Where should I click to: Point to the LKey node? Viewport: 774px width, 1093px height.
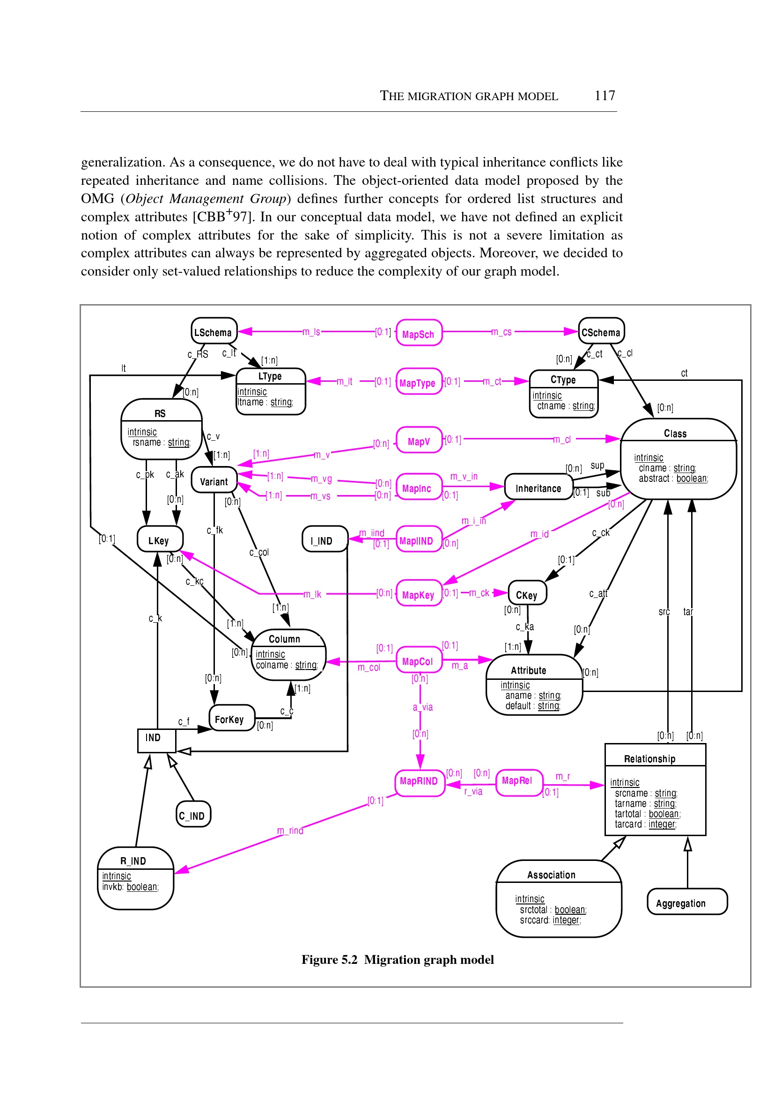click(x=159, y=539)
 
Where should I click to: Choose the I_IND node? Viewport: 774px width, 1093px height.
click(x=324, y=539)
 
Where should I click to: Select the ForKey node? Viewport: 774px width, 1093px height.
click(x=231, y=718)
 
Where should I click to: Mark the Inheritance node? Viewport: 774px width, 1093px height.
click(x=538, y=487)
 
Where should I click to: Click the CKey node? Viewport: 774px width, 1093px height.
click(x=527, y=593)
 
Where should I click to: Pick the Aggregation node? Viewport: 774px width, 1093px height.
click(x=686, y=902)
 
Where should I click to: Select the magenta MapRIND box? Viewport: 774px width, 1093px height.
click(x=419, y=781)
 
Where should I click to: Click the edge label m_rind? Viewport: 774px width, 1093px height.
click(x=290, y=831)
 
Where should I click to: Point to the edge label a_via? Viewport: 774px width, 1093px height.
click(x=422, y=707)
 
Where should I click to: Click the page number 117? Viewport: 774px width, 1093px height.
click(x=604, y=96)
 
